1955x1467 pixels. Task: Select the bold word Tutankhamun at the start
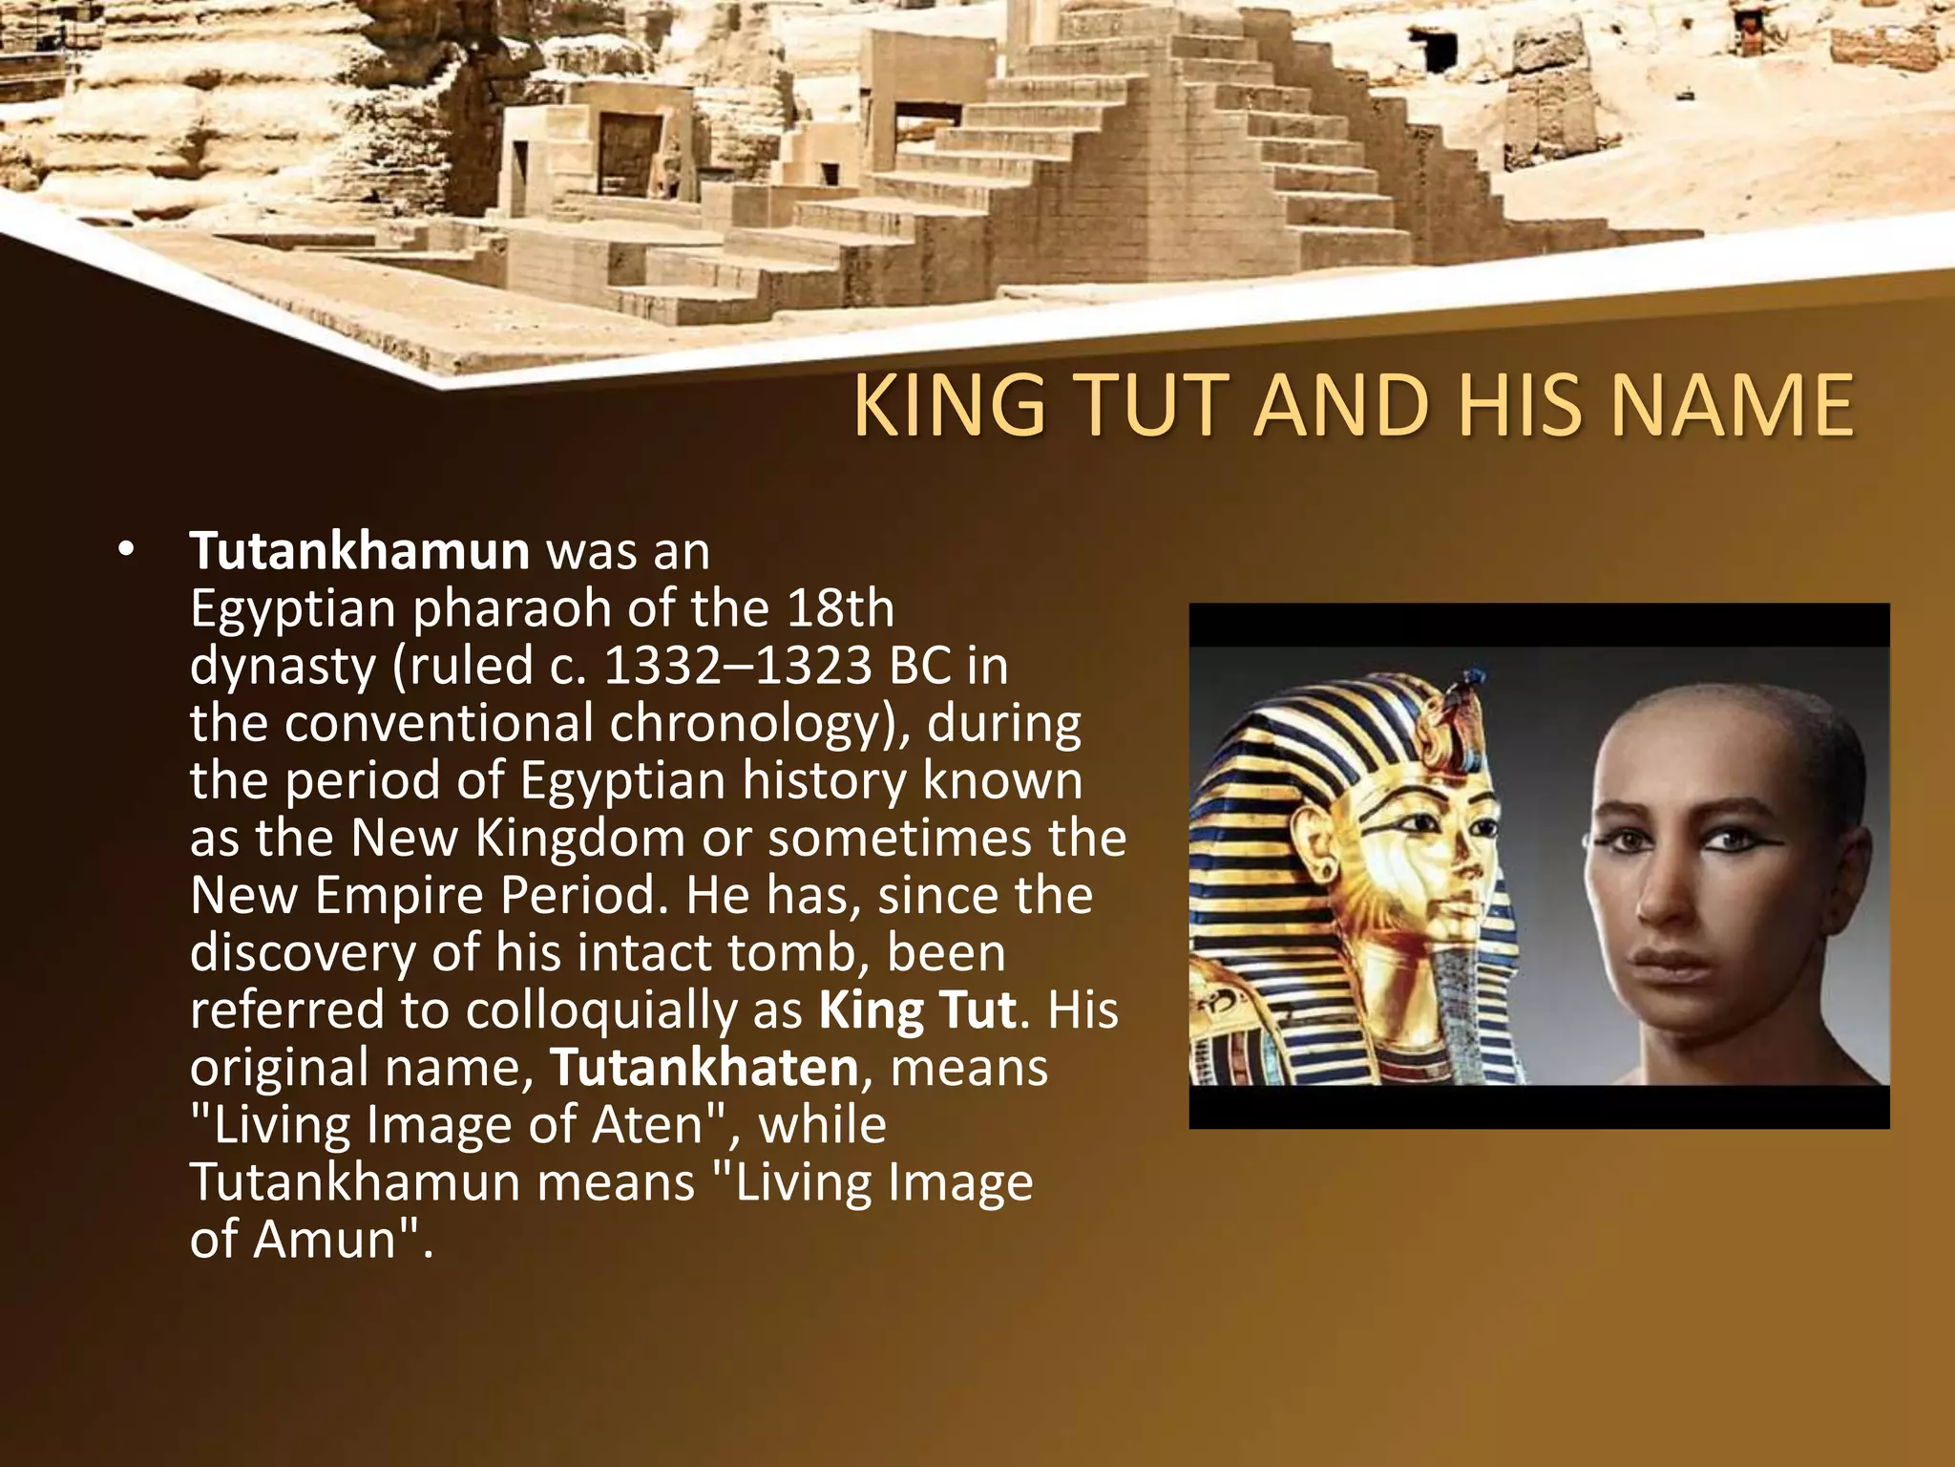click(359, 551)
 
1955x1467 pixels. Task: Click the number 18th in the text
click(840, 608)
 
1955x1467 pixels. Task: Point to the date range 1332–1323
click(738, 666)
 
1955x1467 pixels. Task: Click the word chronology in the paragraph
click(744, 723)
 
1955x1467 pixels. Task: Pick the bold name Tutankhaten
click(704, 1067)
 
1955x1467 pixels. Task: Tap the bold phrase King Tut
click(917, 1010)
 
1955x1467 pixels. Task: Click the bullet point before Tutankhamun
click(125, 552)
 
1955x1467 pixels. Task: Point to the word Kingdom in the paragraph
click(579, 838)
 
